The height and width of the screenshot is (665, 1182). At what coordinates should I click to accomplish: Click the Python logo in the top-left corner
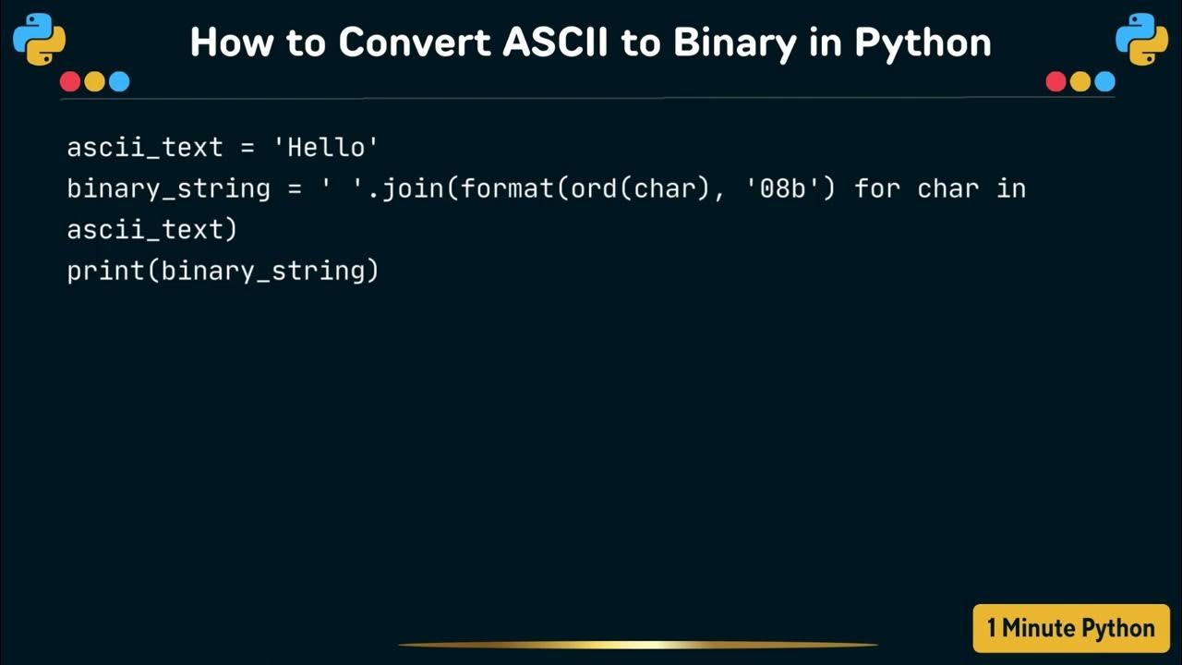click(40, 39)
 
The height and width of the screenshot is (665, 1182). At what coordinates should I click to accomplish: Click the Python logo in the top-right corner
click(1141, 39)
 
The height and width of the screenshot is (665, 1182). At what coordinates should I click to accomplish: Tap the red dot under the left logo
click(70, 82)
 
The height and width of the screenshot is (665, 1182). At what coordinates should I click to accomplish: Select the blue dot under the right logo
click(1104, 82)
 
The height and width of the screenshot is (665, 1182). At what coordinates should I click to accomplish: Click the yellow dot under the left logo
click(94, 82)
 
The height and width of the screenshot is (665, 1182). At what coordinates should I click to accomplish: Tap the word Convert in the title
click(416, 42)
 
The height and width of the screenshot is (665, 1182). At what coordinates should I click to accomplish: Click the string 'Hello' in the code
click(333, 148)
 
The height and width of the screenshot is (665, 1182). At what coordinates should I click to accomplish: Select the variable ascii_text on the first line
click(145, 148)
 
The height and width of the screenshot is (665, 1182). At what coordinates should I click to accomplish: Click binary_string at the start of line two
click(168, 189)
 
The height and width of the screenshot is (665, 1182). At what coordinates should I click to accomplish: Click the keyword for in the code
click(877, 189)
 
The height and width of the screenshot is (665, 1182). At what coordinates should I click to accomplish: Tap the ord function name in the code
click(593, 189)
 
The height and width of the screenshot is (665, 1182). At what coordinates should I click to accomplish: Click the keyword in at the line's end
click(1011, 189)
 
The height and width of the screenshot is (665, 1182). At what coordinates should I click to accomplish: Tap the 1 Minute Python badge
click(1070, 629)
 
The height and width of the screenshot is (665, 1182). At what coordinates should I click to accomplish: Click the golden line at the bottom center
click(637, 645)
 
